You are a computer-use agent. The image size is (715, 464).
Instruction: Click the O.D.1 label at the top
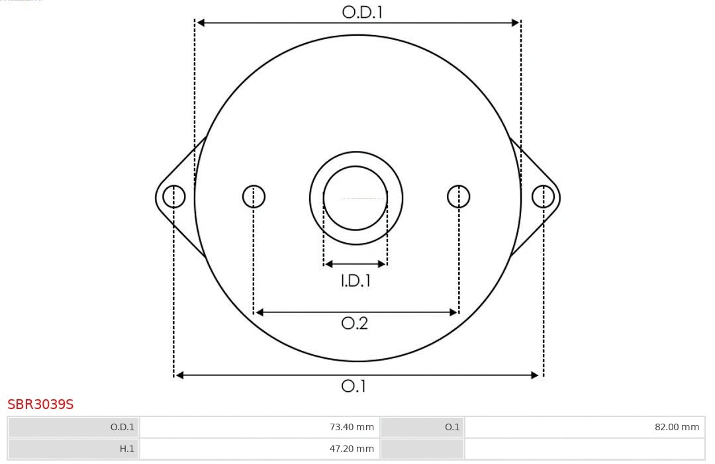(x=362, y=12)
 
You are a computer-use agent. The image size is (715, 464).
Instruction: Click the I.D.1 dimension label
(x=356, y=281)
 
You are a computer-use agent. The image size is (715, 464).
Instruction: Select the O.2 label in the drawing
(x=354, y=323)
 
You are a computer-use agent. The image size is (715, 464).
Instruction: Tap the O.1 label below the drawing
(x=354, y=386)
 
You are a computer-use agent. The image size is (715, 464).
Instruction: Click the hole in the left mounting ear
(x=174, y=197)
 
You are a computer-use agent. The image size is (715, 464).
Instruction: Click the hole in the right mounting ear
(x=543, y=197)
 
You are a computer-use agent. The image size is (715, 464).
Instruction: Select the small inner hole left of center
(x=254, y=197)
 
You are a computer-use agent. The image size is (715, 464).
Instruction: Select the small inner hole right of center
(x=459, y=197)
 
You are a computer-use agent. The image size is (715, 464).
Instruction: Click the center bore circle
(x=356, y=197)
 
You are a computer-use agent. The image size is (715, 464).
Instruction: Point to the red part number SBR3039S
(x=40, y=404)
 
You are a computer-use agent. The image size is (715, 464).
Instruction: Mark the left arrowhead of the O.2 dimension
(x=260, y=312)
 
